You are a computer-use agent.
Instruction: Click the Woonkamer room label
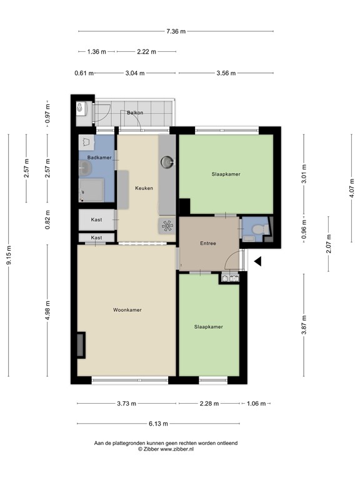coord(127,310)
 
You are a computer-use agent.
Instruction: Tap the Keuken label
coord(144,187)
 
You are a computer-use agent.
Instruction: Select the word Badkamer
coord(99,157)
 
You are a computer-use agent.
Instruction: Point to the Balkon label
coord(135,112)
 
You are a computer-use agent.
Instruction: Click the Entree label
coord(208,243)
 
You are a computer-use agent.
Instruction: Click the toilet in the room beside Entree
coord(265,231)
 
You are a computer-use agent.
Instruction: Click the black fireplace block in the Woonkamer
coord(81,345)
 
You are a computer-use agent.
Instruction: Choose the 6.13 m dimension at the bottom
coord(159,423)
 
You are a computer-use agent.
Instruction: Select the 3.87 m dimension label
coord(304,327)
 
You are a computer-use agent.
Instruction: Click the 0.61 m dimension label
coord(84,73)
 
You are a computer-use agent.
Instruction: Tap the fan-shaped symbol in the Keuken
coord(167,226)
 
